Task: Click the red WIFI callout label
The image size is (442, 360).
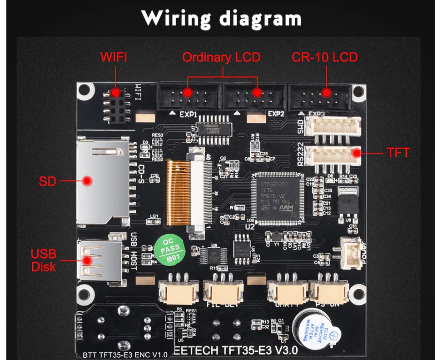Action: click(114, 58)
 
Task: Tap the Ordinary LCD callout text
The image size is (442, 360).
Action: click(221, 58)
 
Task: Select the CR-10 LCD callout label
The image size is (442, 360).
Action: click(324, 58)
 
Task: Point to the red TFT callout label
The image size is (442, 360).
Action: click(398, 153)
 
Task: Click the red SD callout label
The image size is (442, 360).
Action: click(47, 182)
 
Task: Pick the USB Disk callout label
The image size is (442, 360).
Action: click(44, 260)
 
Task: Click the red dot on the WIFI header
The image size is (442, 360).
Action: click(116, 93)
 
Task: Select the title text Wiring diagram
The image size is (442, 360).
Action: click(221, 19)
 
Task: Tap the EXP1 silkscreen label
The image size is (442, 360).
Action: click(189, 114)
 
